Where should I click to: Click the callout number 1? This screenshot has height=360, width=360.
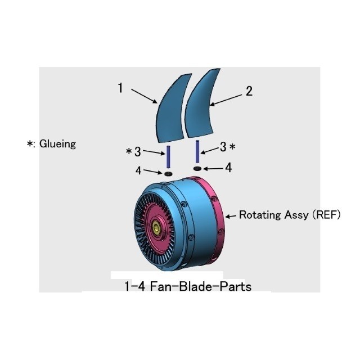120,88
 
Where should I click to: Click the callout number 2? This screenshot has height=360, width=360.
249,91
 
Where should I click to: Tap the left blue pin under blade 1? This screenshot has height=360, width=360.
168,157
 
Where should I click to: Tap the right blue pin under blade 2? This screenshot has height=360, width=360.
197,151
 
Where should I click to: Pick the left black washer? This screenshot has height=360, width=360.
169,174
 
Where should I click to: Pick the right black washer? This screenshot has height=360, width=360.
197,169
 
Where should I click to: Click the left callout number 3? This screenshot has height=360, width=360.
137,152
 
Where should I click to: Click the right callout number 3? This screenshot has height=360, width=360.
223,147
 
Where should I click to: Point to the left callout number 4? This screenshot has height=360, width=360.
138,170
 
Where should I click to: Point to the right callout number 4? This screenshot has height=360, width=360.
228,168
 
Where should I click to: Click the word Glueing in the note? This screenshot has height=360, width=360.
57,144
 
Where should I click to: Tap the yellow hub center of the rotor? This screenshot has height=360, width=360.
157,228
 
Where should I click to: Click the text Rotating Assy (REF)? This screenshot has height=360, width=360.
290,215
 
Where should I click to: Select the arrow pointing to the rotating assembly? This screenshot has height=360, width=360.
231,216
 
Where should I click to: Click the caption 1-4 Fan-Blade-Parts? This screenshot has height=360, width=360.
188,286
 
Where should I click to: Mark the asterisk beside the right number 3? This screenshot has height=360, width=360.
232,146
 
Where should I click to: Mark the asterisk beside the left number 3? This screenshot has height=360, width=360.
129,151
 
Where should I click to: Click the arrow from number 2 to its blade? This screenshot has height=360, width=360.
226,100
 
